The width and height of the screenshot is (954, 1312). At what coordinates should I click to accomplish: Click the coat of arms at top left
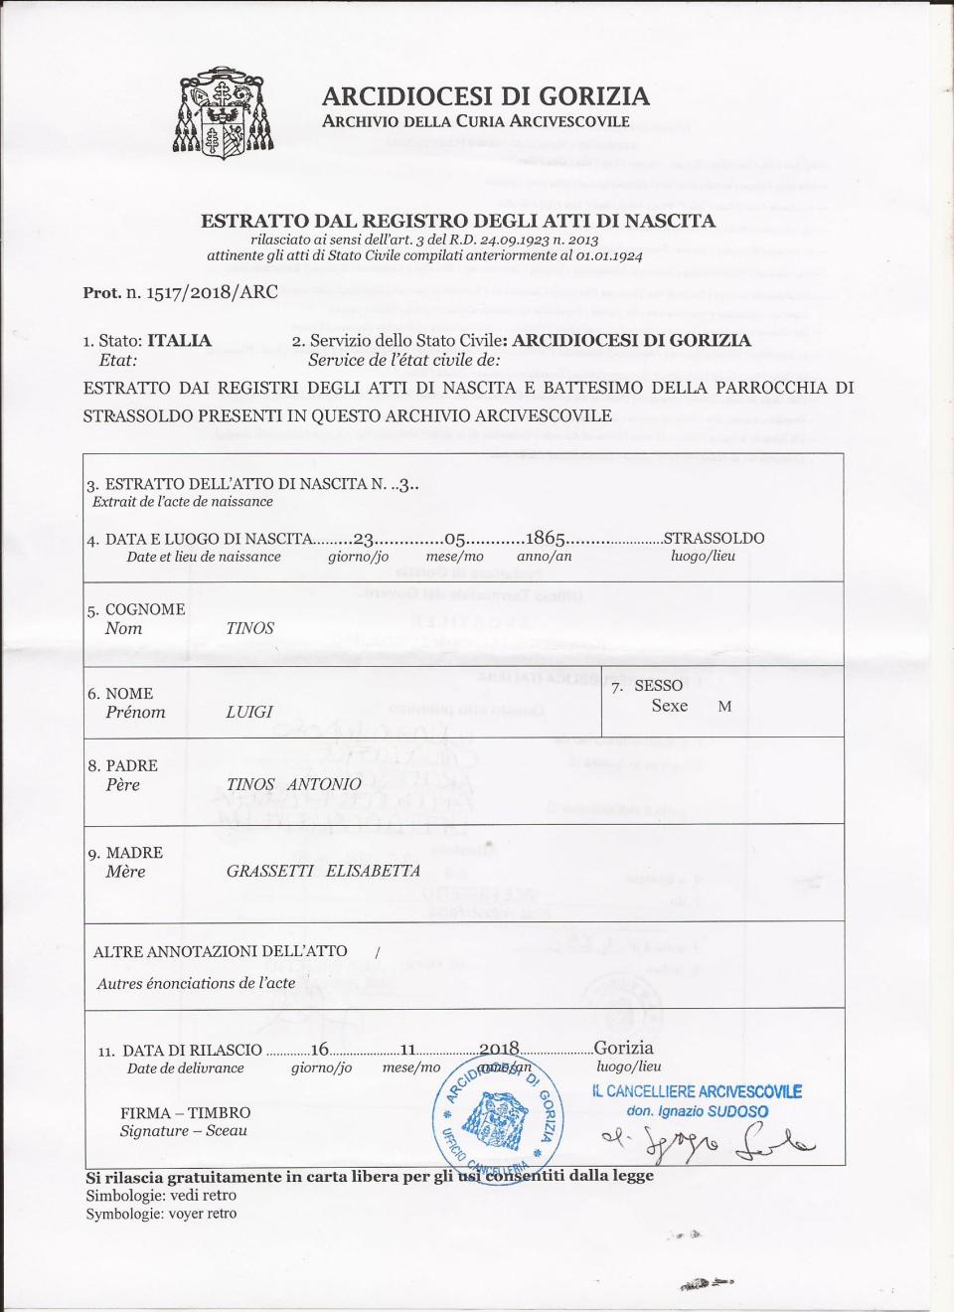(x=223, y=113)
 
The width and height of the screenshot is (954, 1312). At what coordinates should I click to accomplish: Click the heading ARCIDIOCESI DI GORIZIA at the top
(x=485, y=96)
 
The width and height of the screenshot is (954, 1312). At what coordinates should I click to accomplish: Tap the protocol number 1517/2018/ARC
(x=212, y=292)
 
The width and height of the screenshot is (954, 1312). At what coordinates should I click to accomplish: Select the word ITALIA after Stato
(x=179, y=340)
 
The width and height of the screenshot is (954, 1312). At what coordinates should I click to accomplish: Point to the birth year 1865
(x=546, y=539)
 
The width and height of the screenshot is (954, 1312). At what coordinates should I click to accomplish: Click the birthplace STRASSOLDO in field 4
(x=714, y=539)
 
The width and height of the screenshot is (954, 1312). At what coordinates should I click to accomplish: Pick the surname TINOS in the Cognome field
(x=249, y=628)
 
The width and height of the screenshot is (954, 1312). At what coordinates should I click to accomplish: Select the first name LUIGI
(x=248, y=712)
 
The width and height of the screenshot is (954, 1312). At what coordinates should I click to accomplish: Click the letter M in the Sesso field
(x=724, y=706)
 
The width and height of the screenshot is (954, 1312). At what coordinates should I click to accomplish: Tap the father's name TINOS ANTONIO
(x=293, y=784)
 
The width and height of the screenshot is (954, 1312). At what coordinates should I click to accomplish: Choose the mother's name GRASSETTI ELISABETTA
(x=323, y=871)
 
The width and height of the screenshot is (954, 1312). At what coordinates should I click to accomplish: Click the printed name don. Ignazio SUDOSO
(x=697, y=1111)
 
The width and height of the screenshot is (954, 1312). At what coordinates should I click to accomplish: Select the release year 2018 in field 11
(x=499, y=1049)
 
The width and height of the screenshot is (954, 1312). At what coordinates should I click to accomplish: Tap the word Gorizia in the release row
(x=623, y=1048)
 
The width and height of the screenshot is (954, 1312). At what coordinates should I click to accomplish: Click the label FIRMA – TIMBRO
(x=185, y=1112)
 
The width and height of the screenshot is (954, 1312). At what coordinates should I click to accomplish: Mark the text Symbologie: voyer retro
(x=161, y=1214)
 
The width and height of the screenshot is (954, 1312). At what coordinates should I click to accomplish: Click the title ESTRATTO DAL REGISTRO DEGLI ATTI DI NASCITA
(x=457, y=221)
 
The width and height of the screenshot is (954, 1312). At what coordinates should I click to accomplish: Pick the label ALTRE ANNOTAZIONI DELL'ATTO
(x=220, y=951)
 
